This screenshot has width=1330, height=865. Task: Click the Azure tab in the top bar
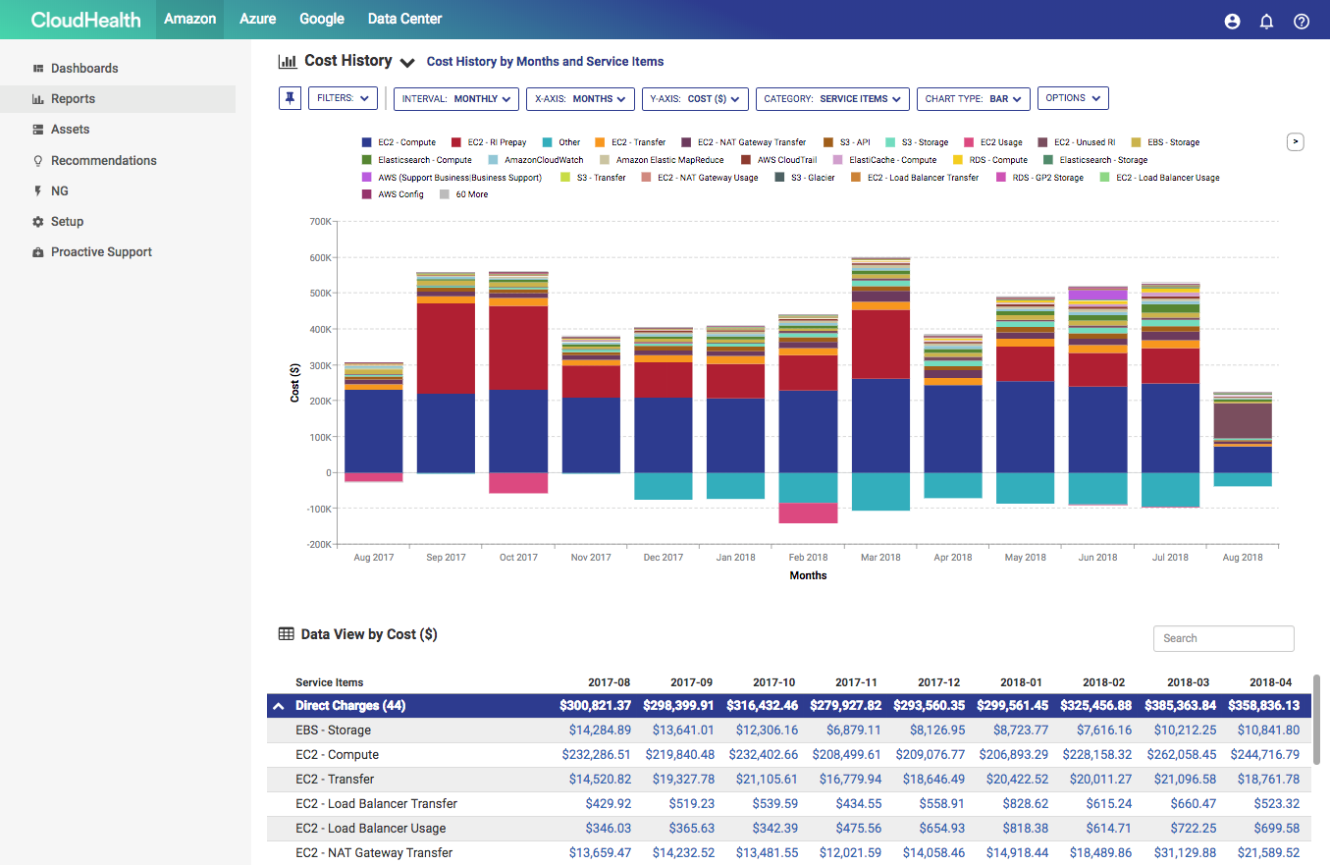pyautogui.click(x=257, y=19)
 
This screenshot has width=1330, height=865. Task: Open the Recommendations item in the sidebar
pyautogui.click(x=103, y=160)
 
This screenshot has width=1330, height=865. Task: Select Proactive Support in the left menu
pyautogui.click(x=101, y=252)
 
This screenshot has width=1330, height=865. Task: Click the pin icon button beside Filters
pyautogui.click(x=290, y=98)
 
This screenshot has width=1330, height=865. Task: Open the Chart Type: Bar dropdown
pyautogui.click(x=973, y=98)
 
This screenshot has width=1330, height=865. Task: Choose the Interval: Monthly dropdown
pyautogui.click(x=456, y=98)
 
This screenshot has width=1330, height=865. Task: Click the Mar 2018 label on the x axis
pyautogui.click(x=880, y=558)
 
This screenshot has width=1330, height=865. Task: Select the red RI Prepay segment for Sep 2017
pyautogui.click(x=446, y=349)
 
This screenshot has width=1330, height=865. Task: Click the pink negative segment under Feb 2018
pyautogui.click(x=808, y=513)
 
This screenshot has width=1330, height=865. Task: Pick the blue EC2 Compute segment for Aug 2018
pyautogui.click(x=1242, y=460)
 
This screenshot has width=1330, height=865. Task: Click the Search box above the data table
pyautogui.click(x=1223, y=638)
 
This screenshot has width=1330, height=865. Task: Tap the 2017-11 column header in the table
pyautogui.click(x=856, y=682)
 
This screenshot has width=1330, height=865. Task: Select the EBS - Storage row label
pyautogui.click(x=333, y=730)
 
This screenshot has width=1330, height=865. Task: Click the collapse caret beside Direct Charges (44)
pyautogui.click(x=279, y=706)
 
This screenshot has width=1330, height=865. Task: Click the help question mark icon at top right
pyautogui.click(x=1302, y=21)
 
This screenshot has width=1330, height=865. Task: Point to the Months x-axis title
pyautogui.click(x=808, y=575)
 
